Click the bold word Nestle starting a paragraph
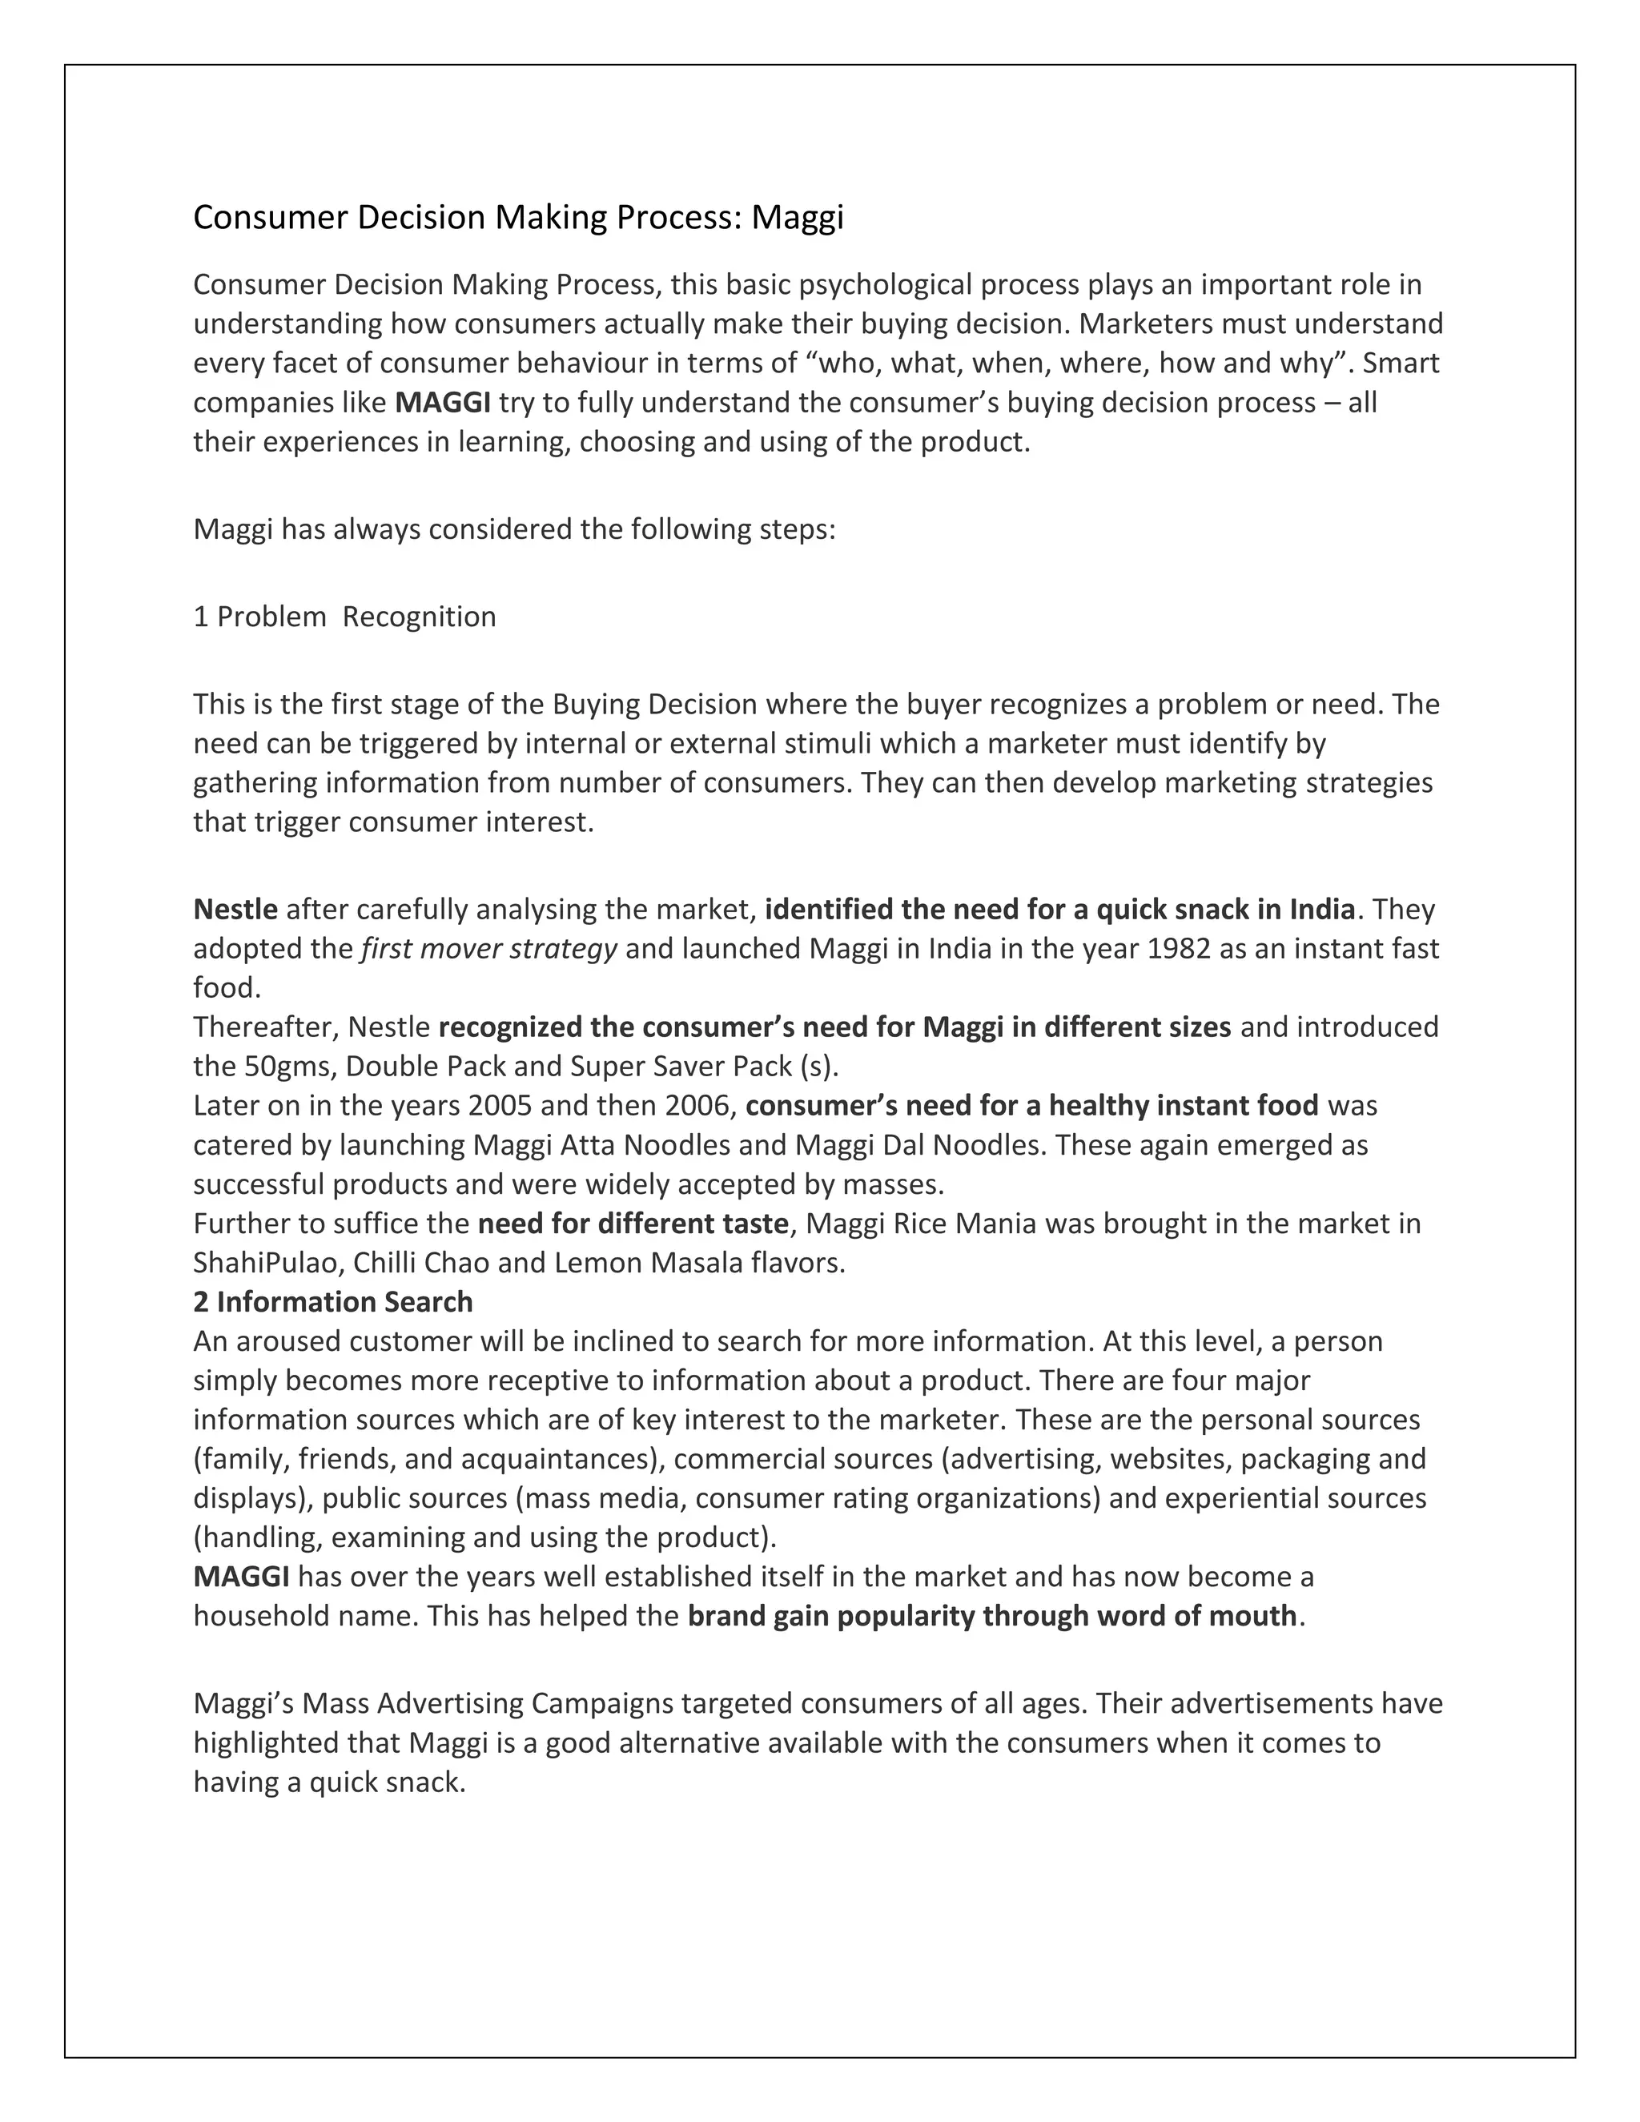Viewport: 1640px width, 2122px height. tap(235, 909)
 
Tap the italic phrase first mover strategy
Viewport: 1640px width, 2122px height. tap(488, 947)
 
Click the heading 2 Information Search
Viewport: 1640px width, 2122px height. tap(332, 1301)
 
